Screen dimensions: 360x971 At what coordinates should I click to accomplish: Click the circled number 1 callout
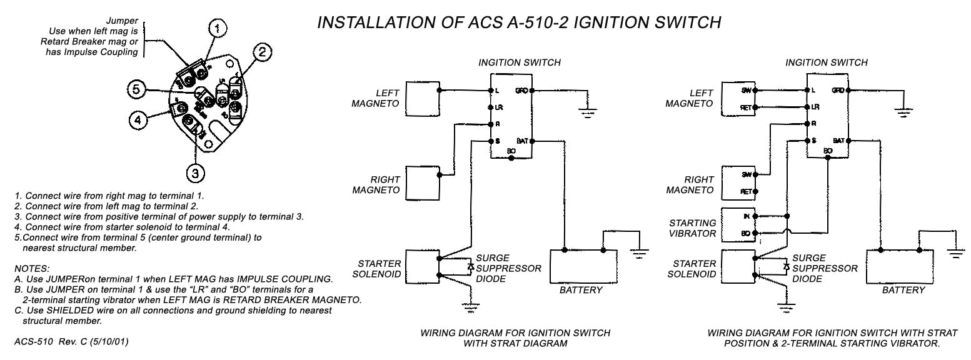coord(217,28)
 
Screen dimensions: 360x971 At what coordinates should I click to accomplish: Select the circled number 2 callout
coord(263,52)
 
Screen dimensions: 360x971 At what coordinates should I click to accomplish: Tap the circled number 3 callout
coord(195,171)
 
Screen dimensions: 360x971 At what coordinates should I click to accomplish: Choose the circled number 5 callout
coord(137,89)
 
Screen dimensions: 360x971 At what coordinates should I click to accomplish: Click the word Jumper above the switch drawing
coord(123,21)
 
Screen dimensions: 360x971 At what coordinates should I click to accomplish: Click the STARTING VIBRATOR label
coord(692,228)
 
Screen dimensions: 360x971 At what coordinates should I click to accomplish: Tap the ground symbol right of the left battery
coord(638,254)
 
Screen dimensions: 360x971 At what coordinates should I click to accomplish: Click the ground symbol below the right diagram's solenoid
coord(782,306)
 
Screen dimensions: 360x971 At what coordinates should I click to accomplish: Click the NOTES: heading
coord(31,267)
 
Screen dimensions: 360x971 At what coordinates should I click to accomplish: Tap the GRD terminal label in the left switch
coord(521,91)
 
